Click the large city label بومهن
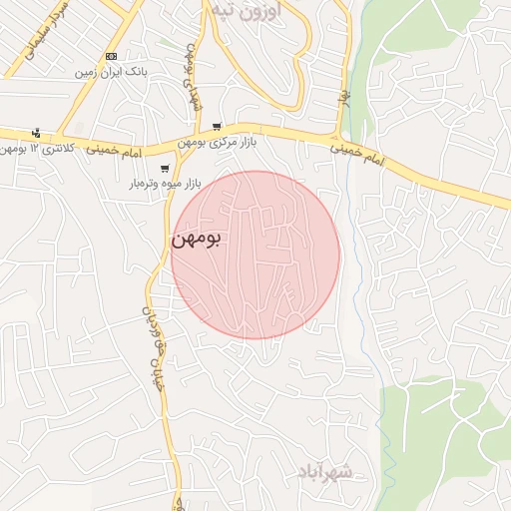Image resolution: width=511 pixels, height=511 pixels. point(196,239)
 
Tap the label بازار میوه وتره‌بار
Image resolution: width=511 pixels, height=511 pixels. point(165,185)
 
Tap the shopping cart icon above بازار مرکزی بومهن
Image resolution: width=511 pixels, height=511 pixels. point(217,127)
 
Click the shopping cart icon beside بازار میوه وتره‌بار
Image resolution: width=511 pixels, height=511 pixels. point(165,169)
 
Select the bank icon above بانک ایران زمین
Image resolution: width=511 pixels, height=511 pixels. point(111,57)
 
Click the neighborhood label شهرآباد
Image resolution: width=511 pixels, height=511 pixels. point(326,471)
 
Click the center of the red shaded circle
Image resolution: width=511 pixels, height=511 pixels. point(255,255)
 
